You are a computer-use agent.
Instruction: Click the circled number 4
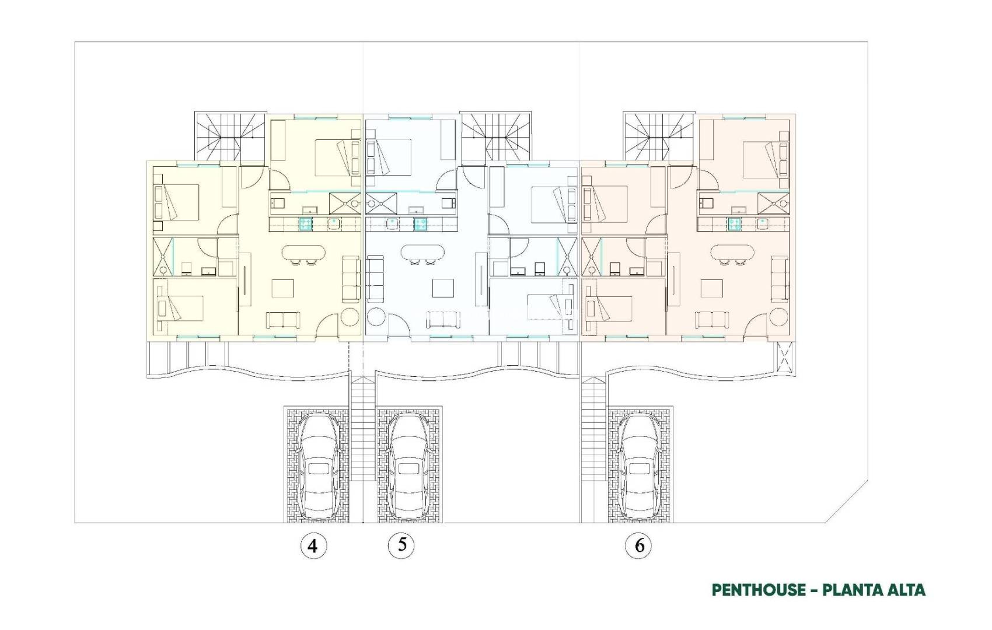coord(313,546)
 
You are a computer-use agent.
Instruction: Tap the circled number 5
coord(401,545)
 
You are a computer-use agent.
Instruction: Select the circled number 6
coord(639,546)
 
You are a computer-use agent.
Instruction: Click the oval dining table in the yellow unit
coord(305,253)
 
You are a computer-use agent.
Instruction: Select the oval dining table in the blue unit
coord(422,253)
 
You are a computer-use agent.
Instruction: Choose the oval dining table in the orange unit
coord(733,253)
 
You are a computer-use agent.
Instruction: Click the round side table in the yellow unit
coord(351,318)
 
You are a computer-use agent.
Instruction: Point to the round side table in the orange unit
coord(779,318)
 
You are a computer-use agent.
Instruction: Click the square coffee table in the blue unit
coord(443,289)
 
